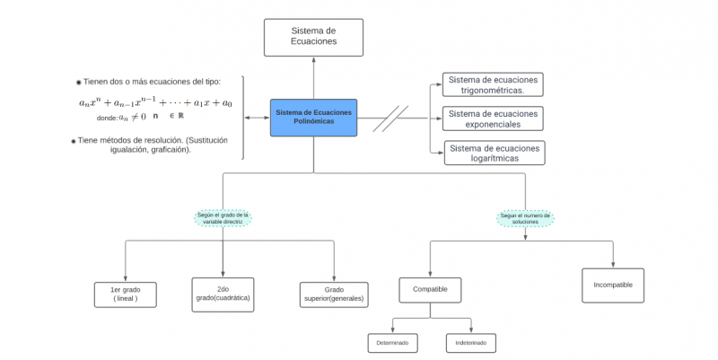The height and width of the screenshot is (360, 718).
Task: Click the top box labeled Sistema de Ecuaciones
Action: point(313,37)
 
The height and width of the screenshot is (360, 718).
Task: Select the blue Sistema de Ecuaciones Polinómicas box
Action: point(313,118)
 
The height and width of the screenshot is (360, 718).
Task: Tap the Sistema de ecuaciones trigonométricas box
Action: point(494,85)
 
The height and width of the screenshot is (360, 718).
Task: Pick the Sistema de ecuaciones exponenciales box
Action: point(494,119)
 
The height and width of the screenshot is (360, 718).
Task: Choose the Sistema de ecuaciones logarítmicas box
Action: point(495,153)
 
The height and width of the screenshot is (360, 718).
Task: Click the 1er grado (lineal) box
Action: point(125,294)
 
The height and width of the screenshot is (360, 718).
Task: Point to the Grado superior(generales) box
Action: point(334,294)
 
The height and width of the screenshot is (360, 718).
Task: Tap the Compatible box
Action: point(430,290)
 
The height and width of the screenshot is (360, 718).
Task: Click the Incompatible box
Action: point(613,285)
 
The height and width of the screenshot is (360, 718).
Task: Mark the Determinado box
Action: point(392,343)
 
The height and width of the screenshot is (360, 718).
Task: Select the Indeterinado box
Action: point(470,343)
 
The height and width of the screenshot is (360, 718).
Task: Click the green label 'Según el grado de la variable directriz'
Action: point(223,218)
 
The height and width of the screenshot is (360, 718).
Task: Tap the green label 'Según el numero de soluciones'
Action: point(526,218)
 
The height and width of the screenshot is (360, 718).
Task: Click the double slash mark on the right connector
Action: point(390,118)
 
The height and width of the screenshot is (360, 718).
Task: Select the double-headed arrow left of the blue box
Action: point(258,118)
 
